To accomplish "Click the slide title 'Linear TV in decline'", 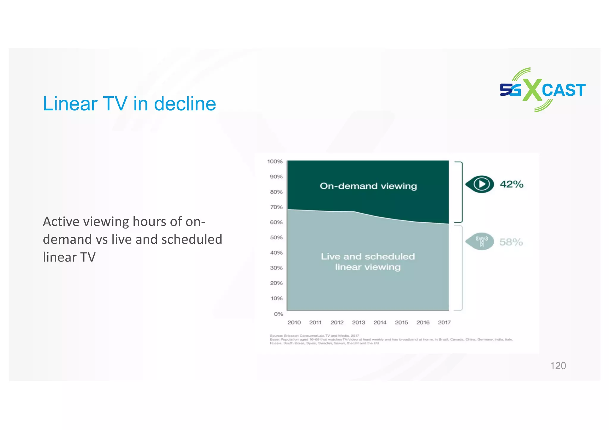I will (129, 104).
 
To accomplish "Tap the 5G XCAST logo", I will (543, 90).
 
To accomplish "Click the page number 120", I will (558, 366).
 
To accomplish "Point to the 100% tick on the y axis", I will (275, 161).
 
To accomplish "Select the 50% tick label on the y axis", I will (276, 237).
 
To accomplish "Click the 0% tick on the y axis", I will (279, 314).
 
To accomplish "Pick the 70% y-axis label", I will (276, 207).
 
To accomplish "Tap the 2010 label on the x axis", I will (294, 322).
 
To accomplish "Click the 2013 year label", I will (358, 322).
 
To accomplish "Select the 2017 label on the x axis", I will (444, 322).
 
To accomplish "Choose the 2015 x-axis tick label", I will (401, 322).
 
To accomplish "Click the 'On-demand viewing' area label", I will (368, 186).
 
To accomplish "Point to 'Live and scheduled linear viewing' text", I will (368, 262).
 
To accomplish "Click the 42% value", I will (511, 184).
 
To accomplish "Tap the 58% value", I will (511, 242).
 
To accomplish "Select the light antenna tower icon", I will (481, 241).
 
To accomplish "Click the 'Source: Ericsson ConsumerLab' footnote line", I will (314, 336).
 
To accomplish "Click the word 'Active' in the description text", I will (60, 222).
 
